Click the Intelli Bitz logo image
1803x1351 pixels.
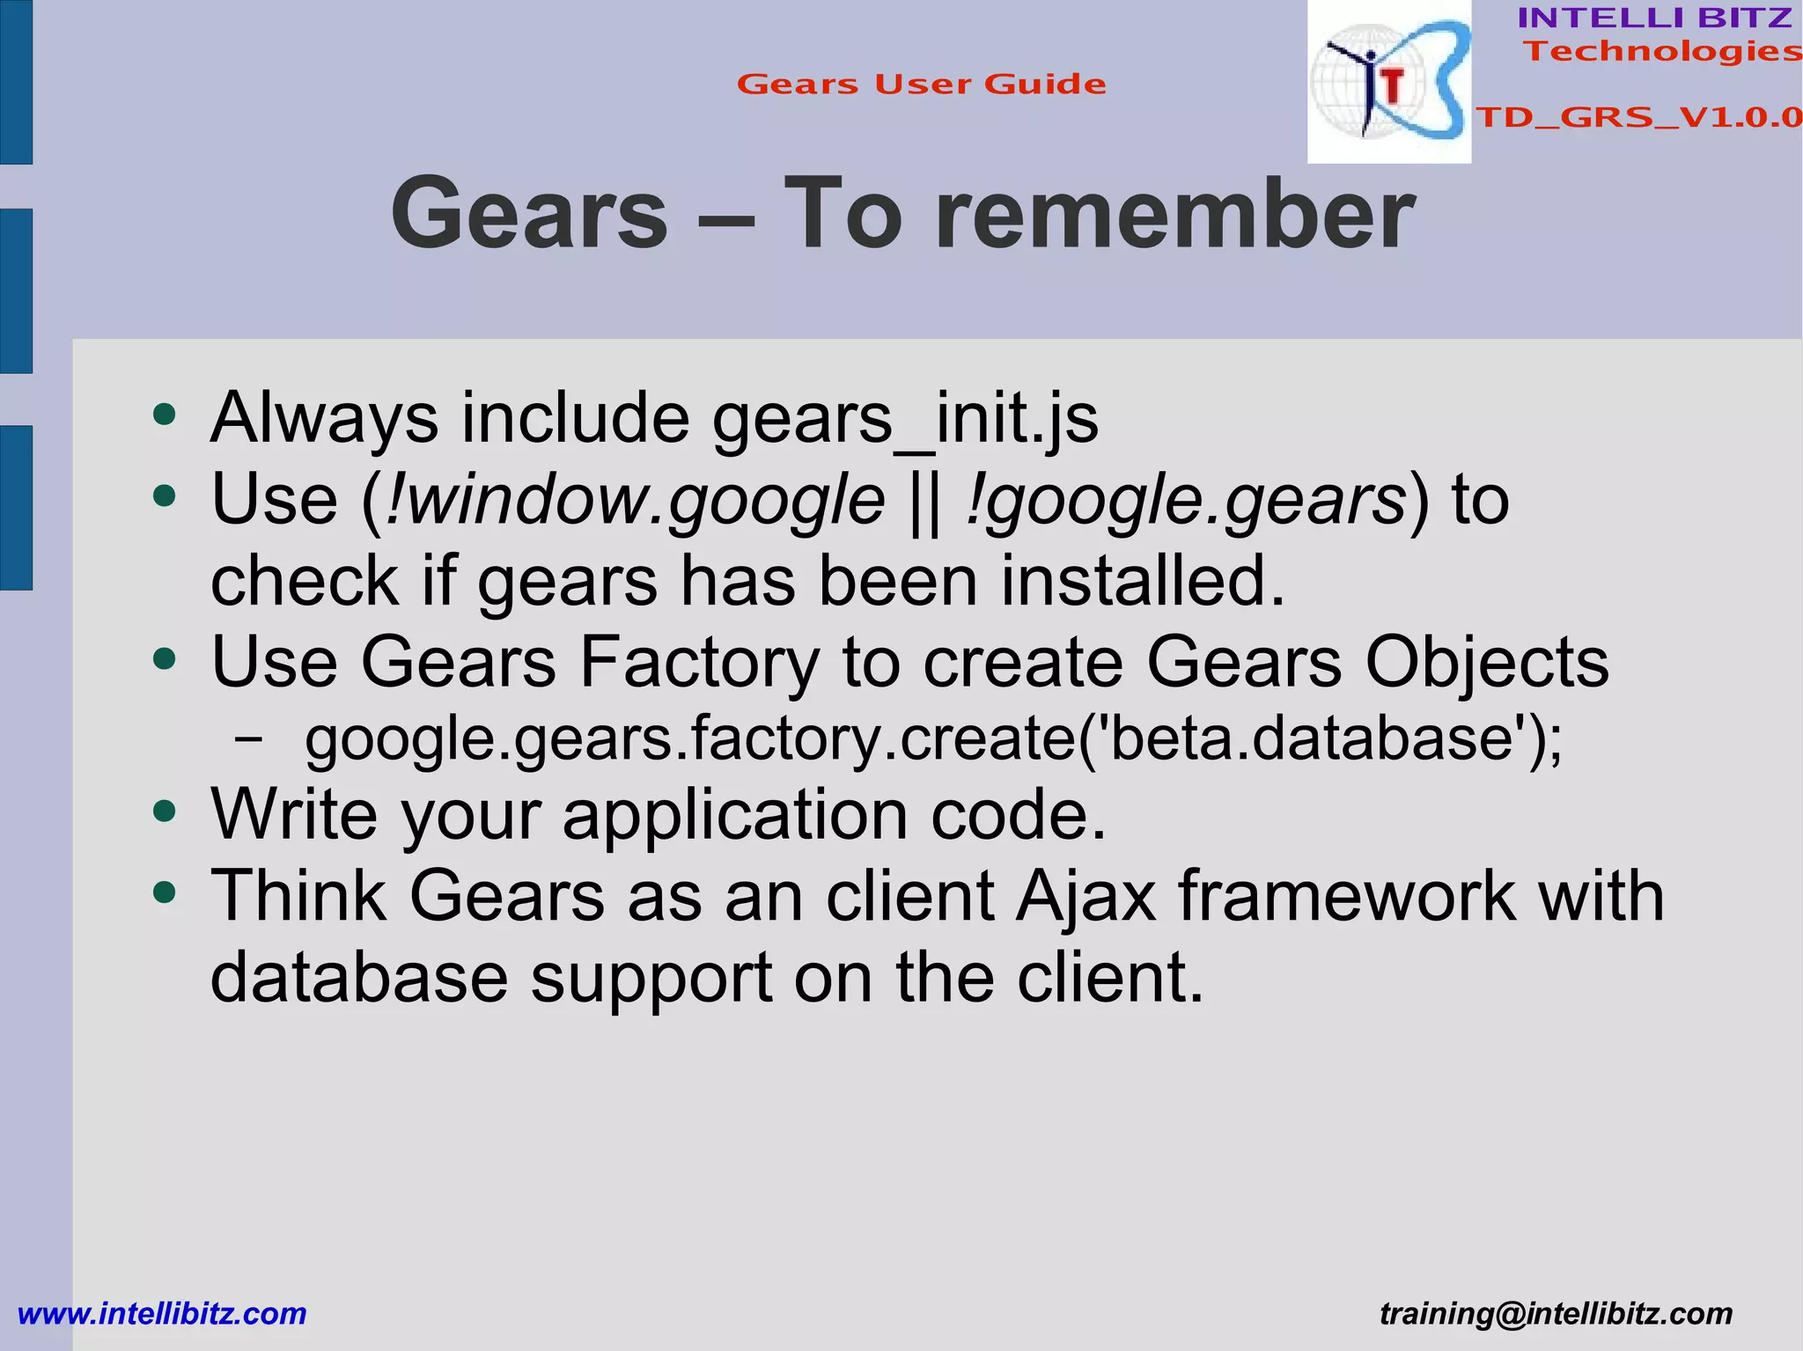pos(1388,82)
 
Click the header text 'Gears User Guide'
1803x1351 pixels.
pos(921,84)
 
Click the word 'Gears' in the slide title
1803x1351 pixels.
pos(529,214)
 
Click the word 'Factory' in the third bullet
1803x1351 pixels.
pos(699,662)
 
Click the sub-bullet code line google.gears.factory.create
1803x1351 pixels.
pos(933,739)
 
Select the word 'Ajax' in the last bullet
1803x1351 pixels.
pos(1085,896)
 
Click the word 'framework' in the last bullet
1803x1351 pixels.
pos(1347,896)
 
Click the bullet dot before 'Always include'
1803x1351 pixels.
pos(165,414)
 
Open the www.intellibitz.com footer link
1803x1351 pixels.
pos(162,1314)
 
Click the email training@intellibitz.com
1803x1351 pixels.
pos(1556,1314)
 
